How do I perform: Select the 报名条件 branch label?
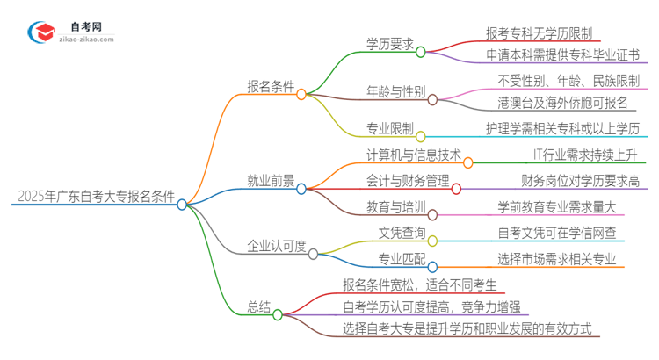(271, 85)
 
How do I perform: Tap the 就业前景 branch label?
(271, 180)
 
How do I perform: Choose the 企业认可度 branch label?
(277, 246)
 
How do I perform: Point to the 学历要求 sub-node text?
(390, 43)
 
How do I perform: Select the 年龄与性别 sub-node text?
(396, 90)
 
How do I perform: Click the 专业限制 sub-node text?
(390, 128)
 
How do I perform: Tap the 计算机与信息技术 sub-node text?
(412, 155)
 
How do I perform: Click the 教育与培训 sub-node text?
(396, 207)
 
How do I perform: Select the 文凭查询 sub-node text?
(402, 233)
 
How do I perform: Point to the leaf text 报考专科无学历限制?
(541, 32)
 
